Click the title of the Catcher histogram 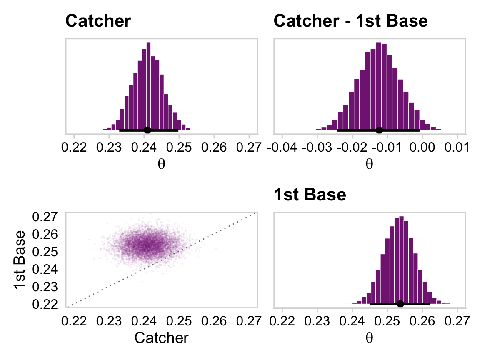coord(98,21)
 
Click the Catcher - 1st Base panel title coord(350,21)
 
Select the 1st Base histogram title coord(310,195)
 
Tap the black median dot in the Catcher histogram coord(147,130)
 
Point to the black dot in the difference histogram coord(379,130)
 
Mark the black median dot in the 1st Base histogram coord(400,304)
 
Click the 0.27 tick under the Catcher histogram coord(249,148)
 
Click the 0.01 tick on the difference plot coord(457,148)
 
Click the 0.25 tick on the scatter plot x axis coord(179,322)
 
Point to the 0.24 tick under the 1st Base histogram coord(352,322)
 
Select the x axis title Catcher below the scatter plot coord(162,337)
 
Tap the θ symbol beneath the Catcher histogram coord(162,164)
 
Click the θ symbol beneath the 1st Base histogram coord(369,338)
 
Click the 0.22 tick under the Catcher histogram coord(74,148)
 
